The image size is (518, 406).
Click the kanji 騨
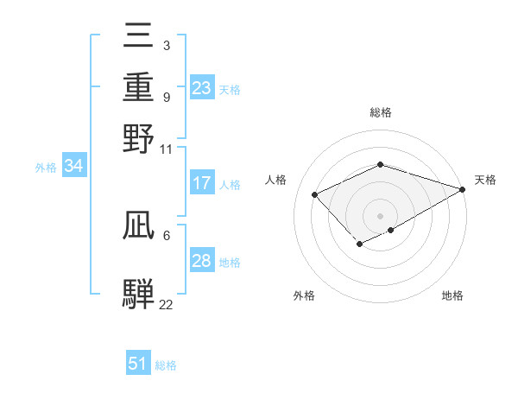tap(139, 292)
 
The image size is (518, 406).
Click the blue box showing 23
tap(201, 88)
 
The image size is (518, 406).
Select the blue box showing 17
tap(201, 183)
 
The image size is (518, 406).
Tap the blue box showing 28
tap(201, 261)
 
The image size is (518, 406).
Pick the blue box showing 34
tap(73, 167)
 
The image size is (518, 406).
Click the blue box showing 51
tap(138, 364)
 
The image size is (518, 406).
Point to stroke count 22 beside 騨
tap(166, 304)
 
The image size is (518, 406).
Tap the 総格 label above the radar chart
tap(381, 112)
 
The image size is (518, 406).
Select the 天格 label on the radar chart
tap(485, 180)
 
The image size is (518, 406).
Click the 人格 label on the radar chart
tap(276, 180)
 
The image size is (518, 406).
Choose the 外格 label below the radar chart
tap(304, 296)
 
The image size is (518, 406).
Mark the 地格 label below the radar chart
tap(452, 296)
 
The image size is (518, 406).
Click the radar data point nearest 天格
tap(464, 188)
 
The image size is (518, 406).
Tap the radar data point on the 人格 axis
tap(315, 194)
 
